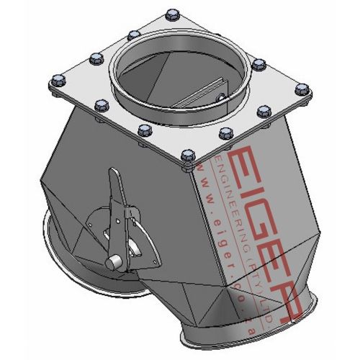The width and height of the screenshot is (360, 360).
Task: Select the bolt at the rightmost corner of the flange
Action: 301,90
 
